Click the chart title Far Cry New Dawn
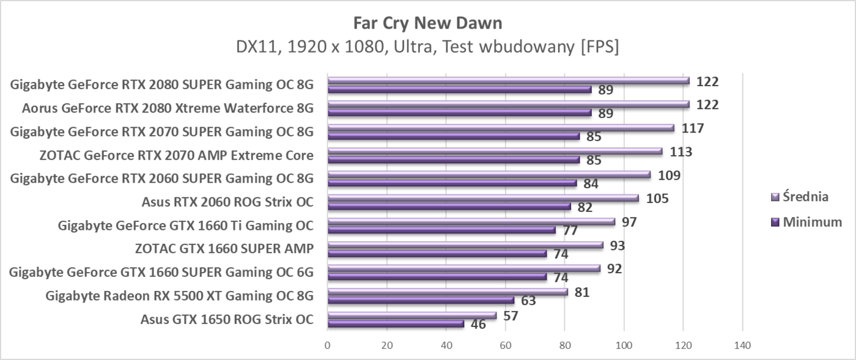tap(427, 23)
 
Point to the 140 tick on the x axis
tap(742, 345)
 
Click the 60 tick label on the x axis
tap(505, 345)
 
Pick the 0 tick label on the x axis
tap(328, 345)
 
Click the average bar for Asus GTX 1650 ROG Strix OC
tap(412, 315)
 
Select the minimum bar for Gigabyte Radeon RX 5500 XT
tap(421, 300)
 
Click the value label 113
tap(681, 152)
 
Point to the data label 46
tap(478, 325)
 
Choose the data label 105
tap(657, 199)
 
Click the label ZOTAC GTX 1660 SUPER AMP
tap(224, 249)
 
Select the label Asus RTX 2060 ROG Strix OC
tap(227, 202)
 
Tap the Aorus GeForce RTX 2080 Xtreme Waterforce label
tap(168, 108)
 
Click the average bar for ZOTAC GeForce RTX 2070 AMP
tap(495, 151)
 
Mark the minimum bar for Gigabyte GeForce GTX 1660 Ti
tap(441, 230)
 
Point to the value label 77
tap(570, 230)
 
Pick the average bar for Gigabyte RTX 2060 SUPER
tap(489, 174)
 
